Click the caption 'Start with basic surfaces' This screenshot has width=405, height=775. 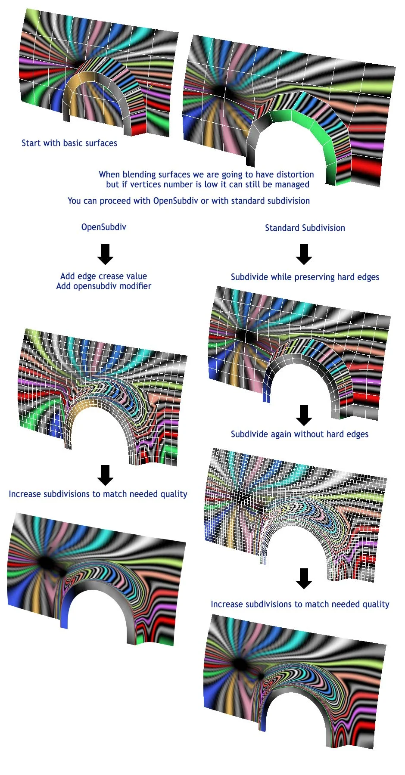click(x=69, y=143)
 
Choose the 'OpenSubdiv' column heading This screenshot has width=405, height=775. click(x=104, y=227)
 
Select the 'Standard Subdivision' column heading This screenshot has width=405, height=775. click(x=305, y=228)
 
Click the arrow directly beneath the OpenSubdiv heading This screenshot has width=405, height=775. click(x=105, y=254)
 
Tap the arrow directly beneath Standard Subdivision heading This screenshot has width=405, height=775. click(x=304, y=254)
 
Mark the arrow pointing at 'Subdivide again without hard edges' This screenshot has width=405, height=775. click(x=304, y=415)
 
